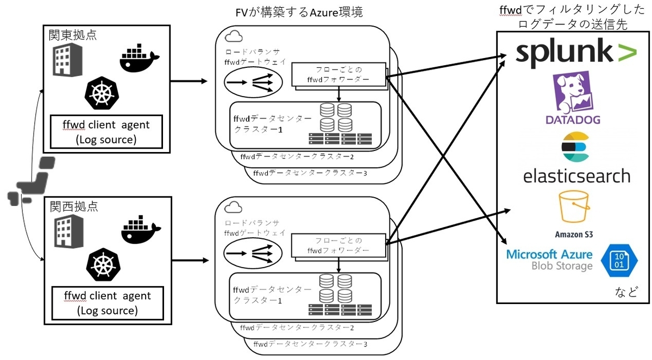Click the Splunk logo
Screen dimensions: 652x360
(x=576, y=54)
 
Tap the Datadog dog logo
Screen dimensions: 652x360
(x=573, y=92)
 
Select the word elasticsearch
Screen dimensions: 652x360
(x=576, y=176)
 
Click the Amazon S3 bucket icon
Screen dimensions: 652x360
(x=574, y=206)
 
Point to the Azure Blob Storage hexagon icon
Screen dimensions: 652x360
(x=619, y=260)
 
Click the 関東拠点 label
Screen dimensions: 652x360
(x=72, y=35)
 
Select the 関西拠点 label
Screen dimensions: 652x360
(x=74, y=206)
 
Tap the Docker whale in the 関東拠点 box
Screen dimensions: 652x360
(x=139, y=58)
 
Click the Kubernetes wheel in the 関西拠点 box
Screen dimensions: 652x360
(x=103, y=264)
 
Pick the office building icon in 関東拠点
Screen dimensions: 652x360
(x=67, y=60)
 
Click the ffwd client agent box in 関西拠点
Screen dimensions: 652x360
(x=108, y=303)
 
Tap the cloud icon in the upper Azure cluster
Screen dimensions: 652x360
(x=234, y=36)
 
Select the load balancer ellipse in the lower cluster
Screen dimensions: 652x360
(x=253, y=253)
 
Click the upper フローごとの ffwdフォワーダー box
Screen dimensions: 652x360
(x=339, y=74)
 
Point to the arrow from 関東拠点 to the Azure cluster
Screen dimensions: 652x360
(x=189, y=81)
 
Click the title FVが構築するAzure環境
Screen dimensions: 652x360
(x=299, y=12)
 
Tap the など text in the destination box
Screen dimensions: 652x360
(x=626, y=292)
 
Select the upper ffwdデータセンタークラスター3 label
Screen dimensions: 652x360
(x=310, y=173)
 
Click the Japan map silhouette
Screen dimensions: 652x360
(x=31, y=181)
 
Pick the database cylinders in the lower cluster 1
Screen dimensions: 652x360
(x=335, y=289)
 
